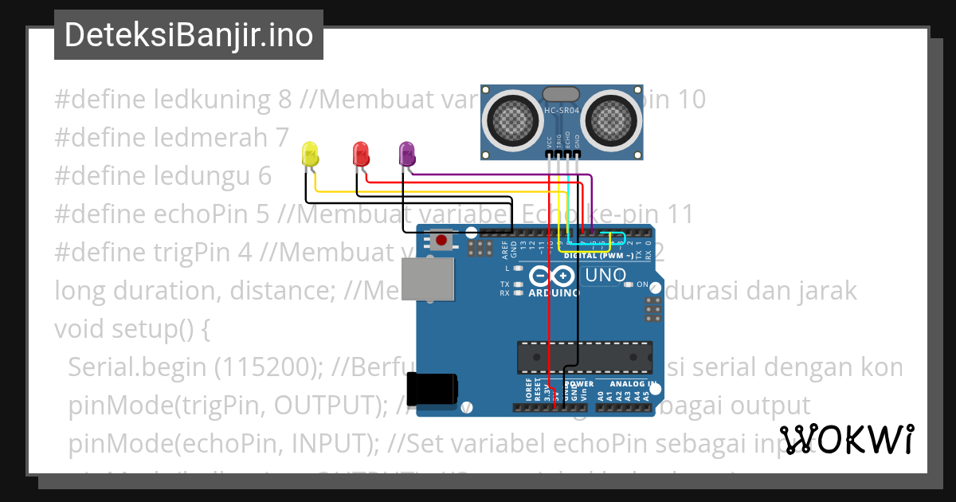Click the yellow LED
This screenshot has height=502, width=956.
[310, 154]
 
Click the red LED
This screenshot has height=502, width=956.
[361, 154]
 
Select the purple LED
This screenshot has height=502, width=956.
[407, 154]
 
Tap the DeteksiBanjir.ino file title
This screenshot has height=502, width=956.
[189, 35]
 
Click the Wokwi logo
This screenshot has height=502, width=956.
[846, 440]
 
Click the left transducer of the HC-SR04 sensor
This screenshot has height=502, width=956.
[511, 120]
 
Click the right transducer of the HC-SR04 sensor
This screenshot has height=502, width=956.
[613, 120]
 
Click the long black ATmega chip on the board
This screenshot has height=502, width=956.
[584, 358]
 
